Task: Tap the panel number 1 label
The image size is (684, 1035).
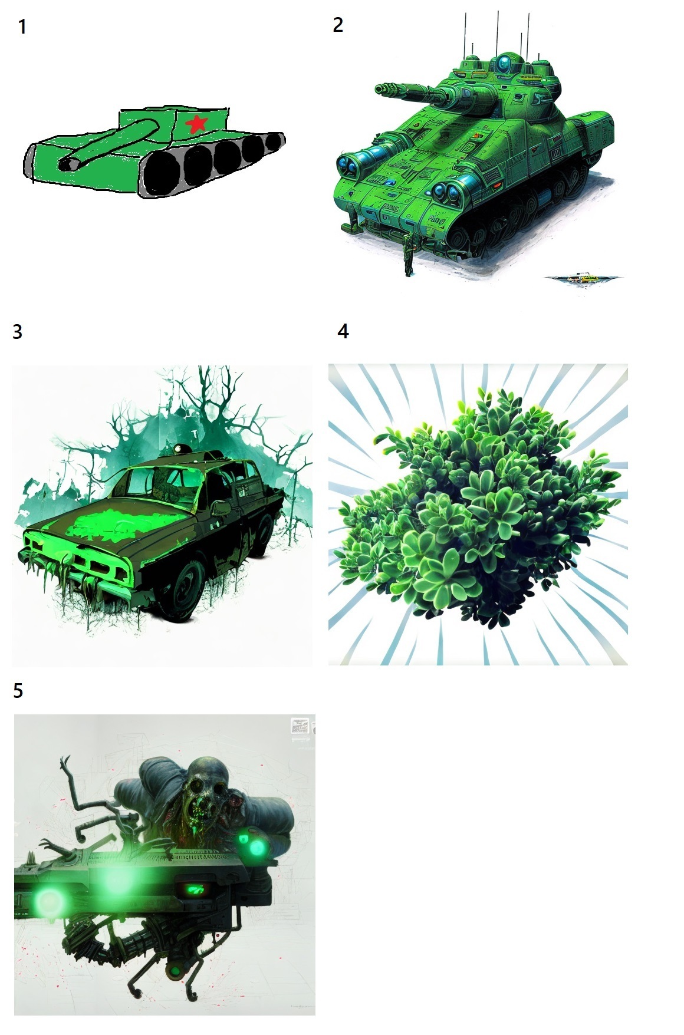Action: [22, 27]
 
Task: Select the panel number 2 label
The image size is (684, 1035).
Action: [338, 25]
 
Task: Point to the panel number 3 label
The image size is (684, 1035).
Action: [17, 332]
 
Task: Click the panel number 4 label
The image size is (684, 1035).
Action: [343, 331]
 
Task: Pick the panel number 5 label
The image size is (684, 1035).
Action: [18, 691]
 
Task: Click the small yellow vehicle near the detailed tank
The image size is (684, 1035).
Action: [584, 278]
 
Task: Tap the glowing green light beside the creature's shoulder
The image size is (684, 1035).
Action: [257, 848]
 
